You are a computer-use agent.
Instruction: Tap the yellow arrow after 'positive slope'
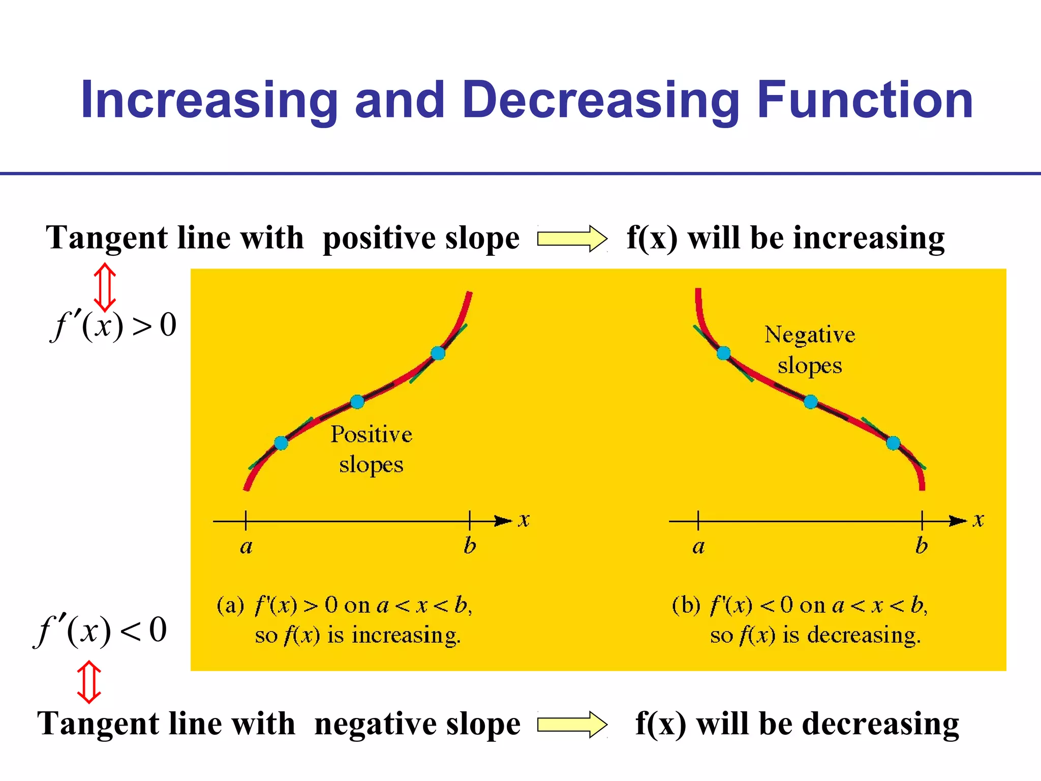coord(572,238)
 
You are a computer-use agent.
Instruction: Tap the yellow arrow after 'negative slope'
coord(572,724)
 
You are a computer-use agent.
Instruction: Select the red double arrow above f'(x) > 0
coord(105,287)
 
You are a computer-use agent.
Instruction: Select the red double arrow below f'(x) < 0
coord(88,682)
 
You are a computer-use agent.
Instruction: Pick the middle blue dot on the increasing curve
coord(357,402)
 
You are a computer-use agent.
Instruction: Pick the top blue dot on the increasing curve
coord(438,353)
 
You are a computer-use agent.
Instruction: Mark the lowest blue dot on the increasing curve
coord(281,443)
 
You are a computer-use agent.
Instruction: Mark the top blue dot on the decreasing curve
coord(723,353)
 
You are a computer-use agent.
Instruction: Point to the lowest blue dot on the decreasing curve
coord(893,443)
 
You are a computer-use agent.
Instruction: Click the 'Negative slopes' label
coord(810,350)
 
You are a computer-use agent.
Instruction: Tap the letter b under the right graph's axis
coord(922,546)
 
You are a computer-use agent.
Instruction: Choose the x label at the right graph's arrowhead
coord(978,520)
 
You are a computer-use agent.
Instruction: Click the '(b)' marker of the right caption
coord(686,605)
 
